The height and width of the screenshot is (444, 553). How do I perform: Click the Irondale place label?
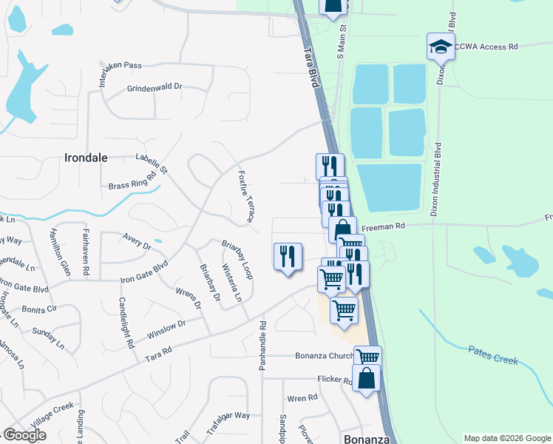pyautogui.click(x=86, y=158)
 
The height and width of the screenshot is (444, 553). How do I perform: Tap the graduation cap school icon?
pyautogui.click(x=441, y=47)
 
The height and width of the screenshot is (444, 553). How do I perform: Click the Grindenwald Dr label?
pyautogui.click(x=155, y=87)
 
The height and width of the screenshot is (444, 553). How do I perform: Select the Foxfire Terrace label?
pyautogui.click(x=245, y=196)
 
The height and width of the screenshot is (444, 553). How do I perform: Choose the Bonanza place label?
pyautogui.click(x=365, y=438)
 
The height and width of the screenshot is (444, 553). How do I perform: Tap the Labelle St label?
pyautogui.click(x=152, y=164)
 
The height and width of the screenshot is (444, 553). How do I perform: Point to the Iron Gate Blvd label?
pyautogui.click(x=145, y=271)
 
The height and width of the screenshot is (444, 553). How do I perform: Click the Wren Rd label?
pyautogui.click(x=302, y=398)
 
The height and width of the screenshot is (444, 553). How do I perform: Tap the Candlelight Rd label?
pyautogui.click(x=126, y=323)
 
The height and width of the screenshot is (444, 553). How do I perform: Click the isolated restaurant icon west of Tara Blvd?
pyautogui.click(x=288, y=256)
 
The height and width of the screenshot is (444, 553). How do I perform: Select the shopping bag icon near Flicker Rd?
pyautogui.click(x=366, y=379)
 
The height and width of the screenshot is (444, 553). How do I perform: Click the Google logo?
pyautogui.click(x=24, y=435)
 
